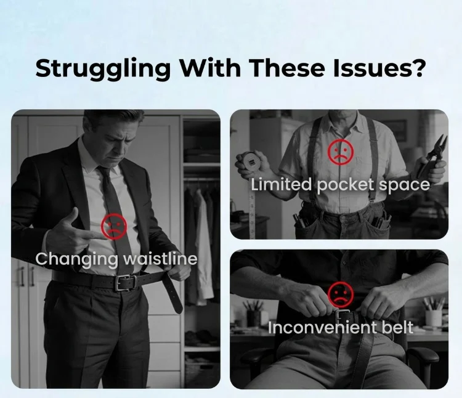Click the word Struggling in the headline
point(103,69)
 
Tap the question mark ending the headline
point(418,67)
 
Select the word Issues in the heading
point(371,68)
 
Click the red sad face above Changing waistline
point(114,226)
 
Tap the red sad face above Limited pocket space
point(341,152)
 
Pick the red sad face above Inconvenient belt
point(341,294)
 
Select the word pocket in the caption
point(346,185)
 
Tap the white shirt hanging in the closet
point(203,248)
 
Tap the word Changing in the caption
point(76,259)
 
